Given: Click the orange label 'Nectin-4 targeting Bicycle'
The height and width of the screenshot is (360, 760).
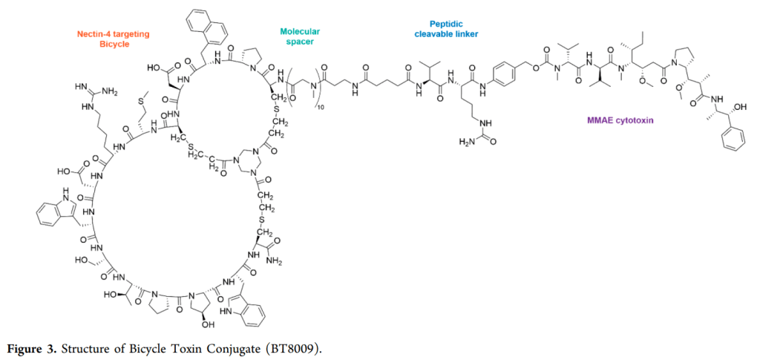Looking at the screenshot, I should (114, 39).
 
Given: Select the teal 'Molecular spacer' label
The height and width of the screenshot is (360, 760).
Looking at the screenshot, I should (299, 36).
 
